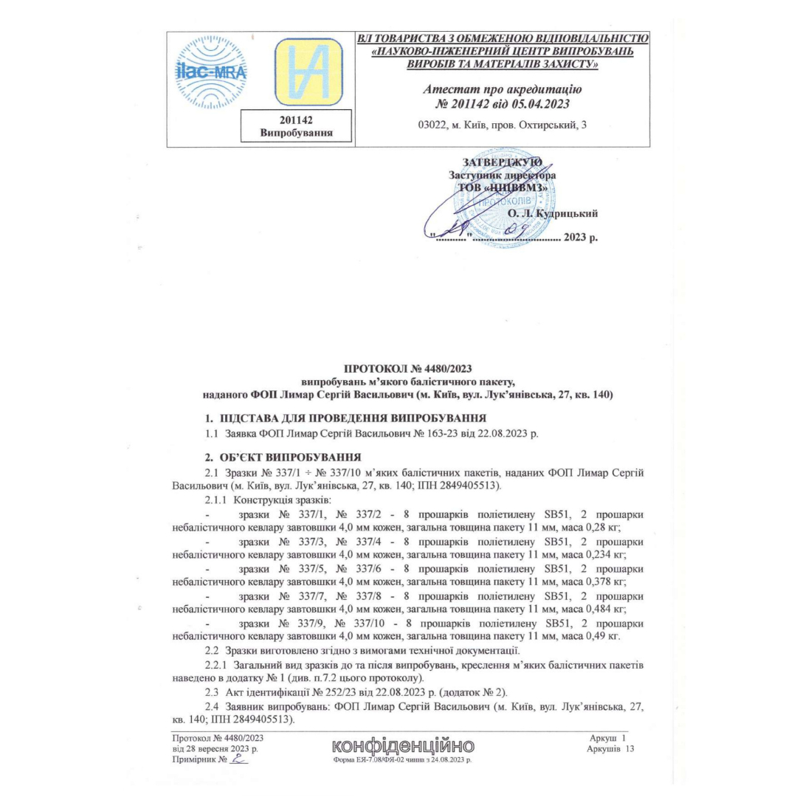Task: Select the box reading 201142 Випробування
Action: coord(296,126)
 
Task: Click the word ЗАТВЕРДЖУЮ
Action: coord(503,162)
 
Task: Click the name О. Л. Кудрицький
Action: coord(552,214)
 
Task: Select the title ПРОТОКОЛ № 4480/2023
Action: coord(408,368)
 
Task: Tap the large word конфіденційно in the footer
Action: coord(403,745)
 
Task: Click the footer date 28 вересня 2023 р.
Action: coord(218,748)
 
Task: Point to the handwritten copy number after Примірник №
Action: coord(238,759)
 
